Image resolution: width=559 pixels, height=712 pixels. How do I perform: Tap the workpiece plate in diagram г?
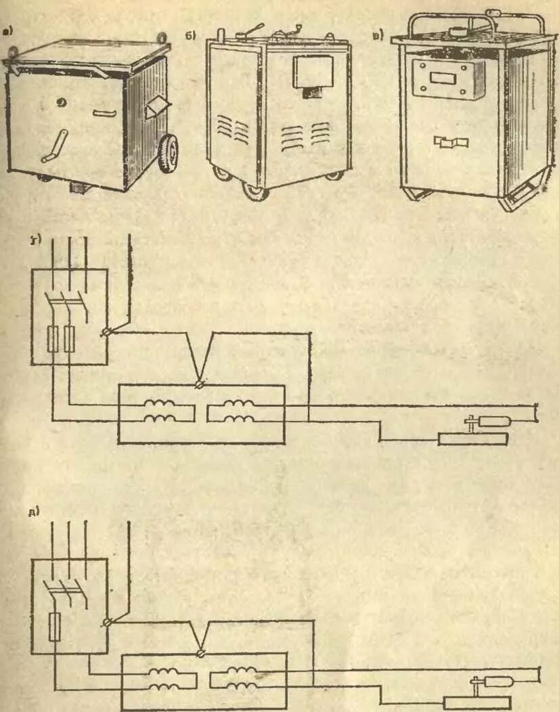coord(472,439)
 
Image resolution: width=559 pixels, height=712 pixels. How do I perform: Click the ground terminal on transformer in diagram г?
coord(200,384)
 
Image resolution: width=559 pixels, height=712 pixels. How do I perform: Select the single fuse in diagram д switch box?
coord(55,627)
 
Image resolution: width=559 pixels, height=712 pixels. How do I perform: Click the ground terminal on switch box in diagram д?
coord(107,621)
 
